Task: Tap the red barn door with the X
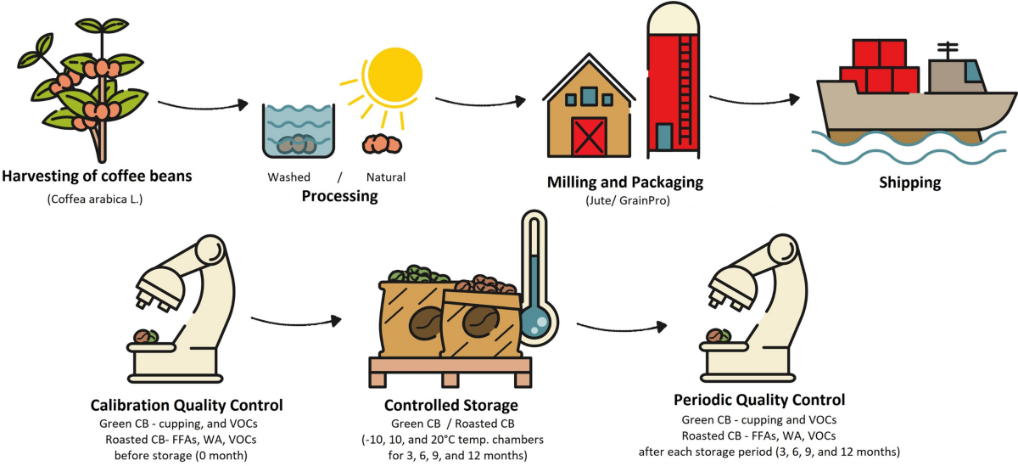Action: coord(590,134)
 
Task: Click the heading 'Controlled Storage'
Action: coord(451,406)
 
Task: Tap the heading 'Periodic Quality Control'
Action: coord(758,400)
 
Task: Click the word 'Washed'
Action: coord(288,177)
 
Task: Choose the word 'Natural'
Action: coord(385,177)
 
